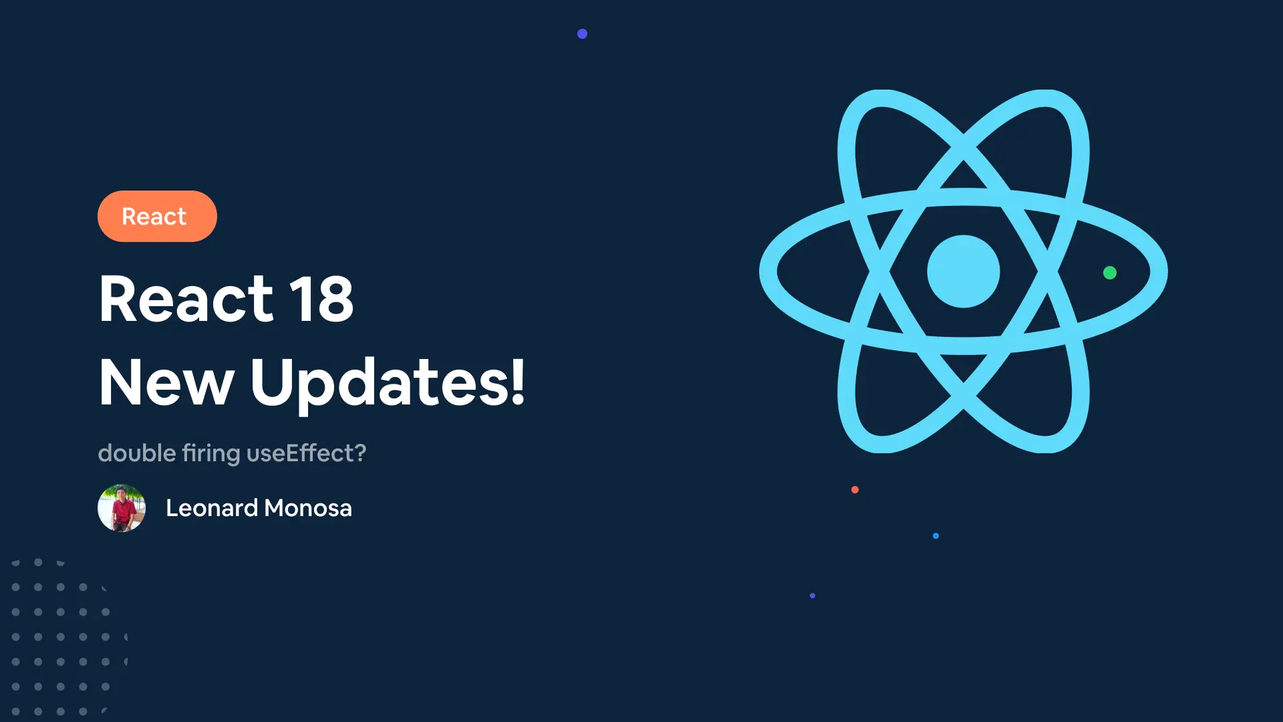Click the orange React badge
157,216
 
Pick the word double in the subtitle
137,453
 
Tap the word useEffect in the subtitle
300,453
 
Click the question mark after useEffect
360,453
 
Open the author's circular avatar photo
122,508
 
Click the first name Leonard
212,508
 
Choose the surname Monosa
308,508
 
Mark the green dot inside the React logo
1110,273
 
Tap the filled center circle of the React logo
964,271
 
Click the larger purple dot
582,33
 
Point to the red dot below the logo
855,490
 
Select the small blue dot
936,535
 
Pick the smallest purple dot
813,596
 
